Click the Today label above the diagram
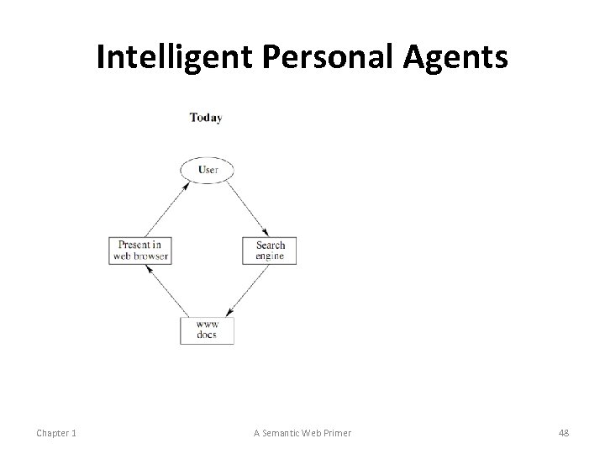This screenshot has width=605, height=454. click(x=206, y=118)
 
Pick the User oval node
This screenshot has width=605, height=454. click(x=207, y=170)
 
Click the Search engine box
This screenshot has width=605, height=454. click(x=270, y=251)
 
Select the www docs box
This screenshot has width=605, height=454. click(x=207, y=329)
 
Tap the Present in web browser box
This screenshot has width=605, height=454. click(x=139, y=251)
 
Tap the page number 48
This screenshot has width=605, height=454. click(x=563, y=433)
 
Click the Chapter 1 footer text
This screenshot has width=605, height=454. click(x=56, y=433)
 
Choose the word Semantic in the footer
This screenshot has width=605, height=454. click(x=287, y=433)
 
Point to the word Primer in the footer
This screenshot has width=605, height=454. click(x=336, y=433)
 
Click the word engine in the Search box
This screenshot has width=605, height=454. click(x=270, y=256)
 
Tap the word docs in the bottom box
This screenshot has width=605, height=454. click(x=207, y=335)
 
